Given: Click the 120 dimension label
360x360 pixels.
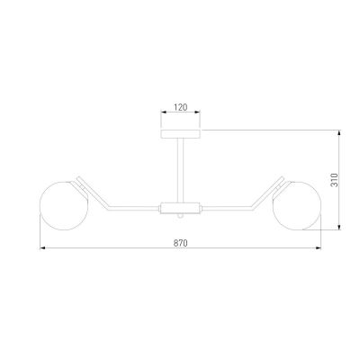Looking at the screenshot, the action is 181,107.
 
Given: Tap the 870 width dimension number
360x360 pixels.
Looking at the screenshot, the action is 180,243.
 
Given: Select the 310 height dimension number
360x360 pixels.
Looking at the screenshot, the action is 334,180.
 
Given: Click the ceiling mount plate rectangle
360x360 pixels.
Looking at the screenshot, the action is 181,134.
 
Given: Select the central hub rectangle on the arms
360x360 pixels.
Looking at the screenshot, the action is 180,208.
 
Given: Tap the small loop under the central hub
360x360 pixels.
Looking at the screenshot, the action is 180,216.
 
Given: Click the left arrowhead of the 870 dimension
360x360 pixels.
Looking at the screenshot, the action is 42,247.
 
